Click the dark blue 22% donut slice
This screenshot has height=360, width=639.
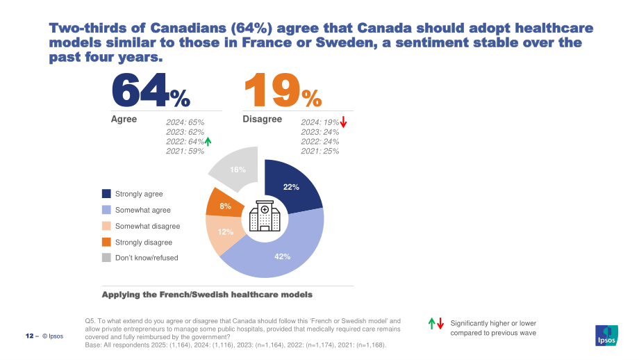[292, 187]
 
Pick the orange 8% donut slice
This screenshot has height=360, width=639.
[224, 204]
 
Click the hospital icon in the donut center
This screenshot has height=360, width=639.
[265, 216]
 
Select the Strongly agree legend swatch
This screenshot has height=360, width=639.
[106, 194]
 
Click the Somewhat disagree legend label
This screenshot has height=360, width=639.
[147, 227]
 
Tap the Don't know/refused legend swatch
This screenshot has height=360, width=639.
[106, 258]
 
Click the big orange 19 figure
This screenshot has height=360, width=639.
[272, 90]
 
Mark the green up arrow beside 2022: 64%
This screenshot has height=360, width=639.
[208, 142]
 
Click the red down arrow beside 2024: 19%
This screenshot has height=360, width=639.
[343, 122]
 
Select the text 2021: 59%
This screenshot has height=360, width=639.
[185, 152]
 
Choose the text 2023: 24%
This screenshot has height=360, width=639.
[320, 132]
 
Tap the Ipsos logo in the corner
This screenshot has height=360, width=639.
[606, 336]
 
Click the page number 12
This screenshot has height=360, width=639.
[29, 336]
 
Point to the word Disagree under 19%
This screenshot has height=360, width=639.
[262, 119]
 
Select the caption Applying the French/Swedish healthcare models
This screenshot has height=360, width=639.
[207, 295]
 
